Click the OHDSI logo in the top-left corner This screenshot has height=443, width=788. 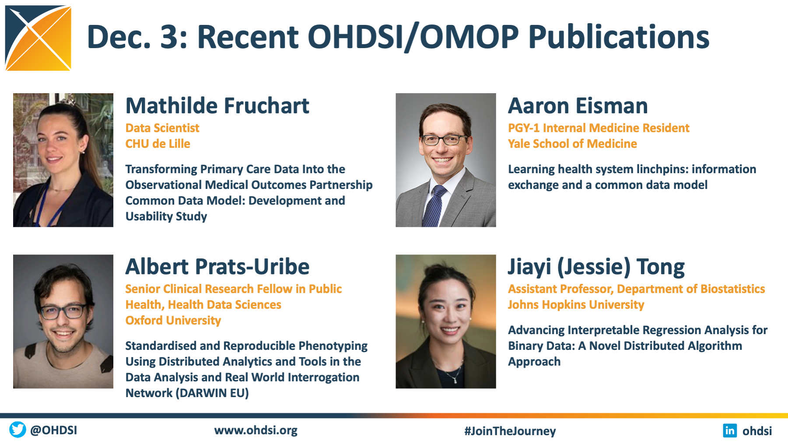click(38, 38)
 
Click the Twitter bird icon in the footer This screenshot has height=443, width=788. click(18, 430)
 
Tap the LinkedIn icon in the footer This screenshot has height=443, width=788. click(730, 430)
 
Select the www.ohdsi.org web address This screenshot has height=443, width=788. click(256, 430)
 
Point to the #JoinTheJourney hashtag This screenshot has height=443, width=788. click(510, 431)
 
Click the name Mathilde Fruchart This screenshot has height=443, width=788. click(217, 106)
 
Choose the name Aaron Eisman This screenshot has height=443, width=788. click(578, 106)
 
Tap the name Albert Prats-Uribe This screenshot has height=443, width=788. click(217, 267)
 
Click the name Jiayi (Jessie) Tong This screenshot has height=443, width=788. click(596, 267)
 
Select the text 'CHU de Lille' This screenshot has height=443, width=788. click(158, 144)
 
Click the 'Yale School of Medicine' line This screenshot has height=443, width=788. click(572, 144)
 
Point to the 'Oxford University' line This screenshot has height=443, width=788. click(173, 321)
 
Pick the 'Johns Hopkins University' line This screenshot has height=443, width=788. click(576, 305)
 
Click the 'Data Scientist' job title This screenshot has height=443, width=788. click(162, 128)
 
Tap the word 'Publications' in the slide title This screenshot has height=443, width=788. click(619, 37)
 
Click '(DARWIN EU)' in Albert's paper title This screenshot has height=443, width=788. click(212, 393)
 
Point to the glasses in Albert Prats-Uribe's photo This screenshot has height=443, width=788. click(63, 311)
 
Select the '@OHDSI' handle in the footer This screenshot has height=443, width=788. click(53, 430)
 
